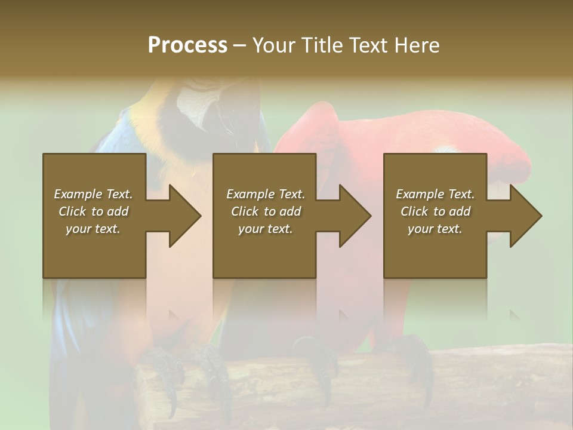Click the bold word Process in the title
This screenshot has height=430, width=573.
click(187, 45)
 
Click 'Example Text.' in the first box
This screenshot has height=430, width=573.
click(94, 194)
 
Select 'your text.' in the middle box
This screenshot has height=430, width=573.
click(265, 229)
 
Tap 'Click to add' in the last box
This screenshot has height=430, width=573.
click(435, 211)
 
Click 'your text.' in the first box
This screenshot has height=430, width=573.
click(94, 229)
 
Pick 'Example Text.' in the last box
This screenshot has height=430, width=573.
click(435, 194)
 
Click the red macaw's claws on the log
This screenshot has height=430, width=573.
click(412, 352)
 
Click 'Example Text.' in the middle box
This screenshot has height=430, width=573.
click(265, 194)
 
